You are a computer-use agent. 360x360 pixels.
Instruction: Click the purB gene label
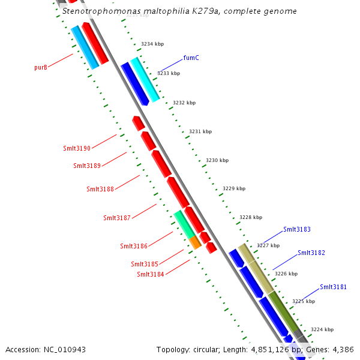pos(41,67)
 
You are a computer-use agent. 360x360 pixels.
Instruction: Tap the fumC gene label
pos(191,58)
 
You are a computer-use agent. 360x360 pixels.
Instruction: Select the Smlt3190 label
pos(77,148)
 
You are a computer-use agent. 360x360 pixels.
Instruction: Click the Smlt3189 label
pos(87,166)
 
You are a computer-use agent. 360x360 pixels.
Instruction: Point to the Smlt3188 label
pos(100,189)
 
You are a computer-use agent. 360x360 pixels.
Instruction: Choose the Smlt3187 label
pos(117,218)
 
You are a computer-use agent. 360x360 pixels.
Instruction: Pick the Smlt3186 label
pos(134,246)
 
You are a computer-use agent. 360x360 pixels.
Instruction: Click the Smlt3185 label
pos(145,264)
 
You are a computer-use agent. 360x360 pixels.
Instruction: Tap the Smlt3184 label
pos(151,275)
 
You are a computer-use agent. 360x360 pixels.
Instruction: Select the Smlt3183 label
pos(297,229)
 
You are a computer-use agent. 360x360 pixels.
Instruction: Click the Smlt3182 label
pos(311,253)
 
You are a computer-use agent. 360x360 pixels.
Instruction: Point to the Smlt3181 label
pos(333,287)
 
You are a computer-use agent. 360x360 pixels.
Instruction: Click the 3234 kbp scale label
pos(152,44)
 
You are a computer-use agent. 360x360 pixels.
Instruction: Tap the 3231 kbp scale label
pos(200,131)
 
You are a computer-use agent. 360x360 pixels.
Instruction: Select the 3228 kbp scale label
pos(251,217)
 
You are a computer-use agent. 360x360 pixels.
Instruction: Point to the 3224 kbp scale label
pos(322,329)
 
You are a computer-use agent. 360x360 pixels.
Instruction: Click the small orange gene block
pos(195,242)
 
